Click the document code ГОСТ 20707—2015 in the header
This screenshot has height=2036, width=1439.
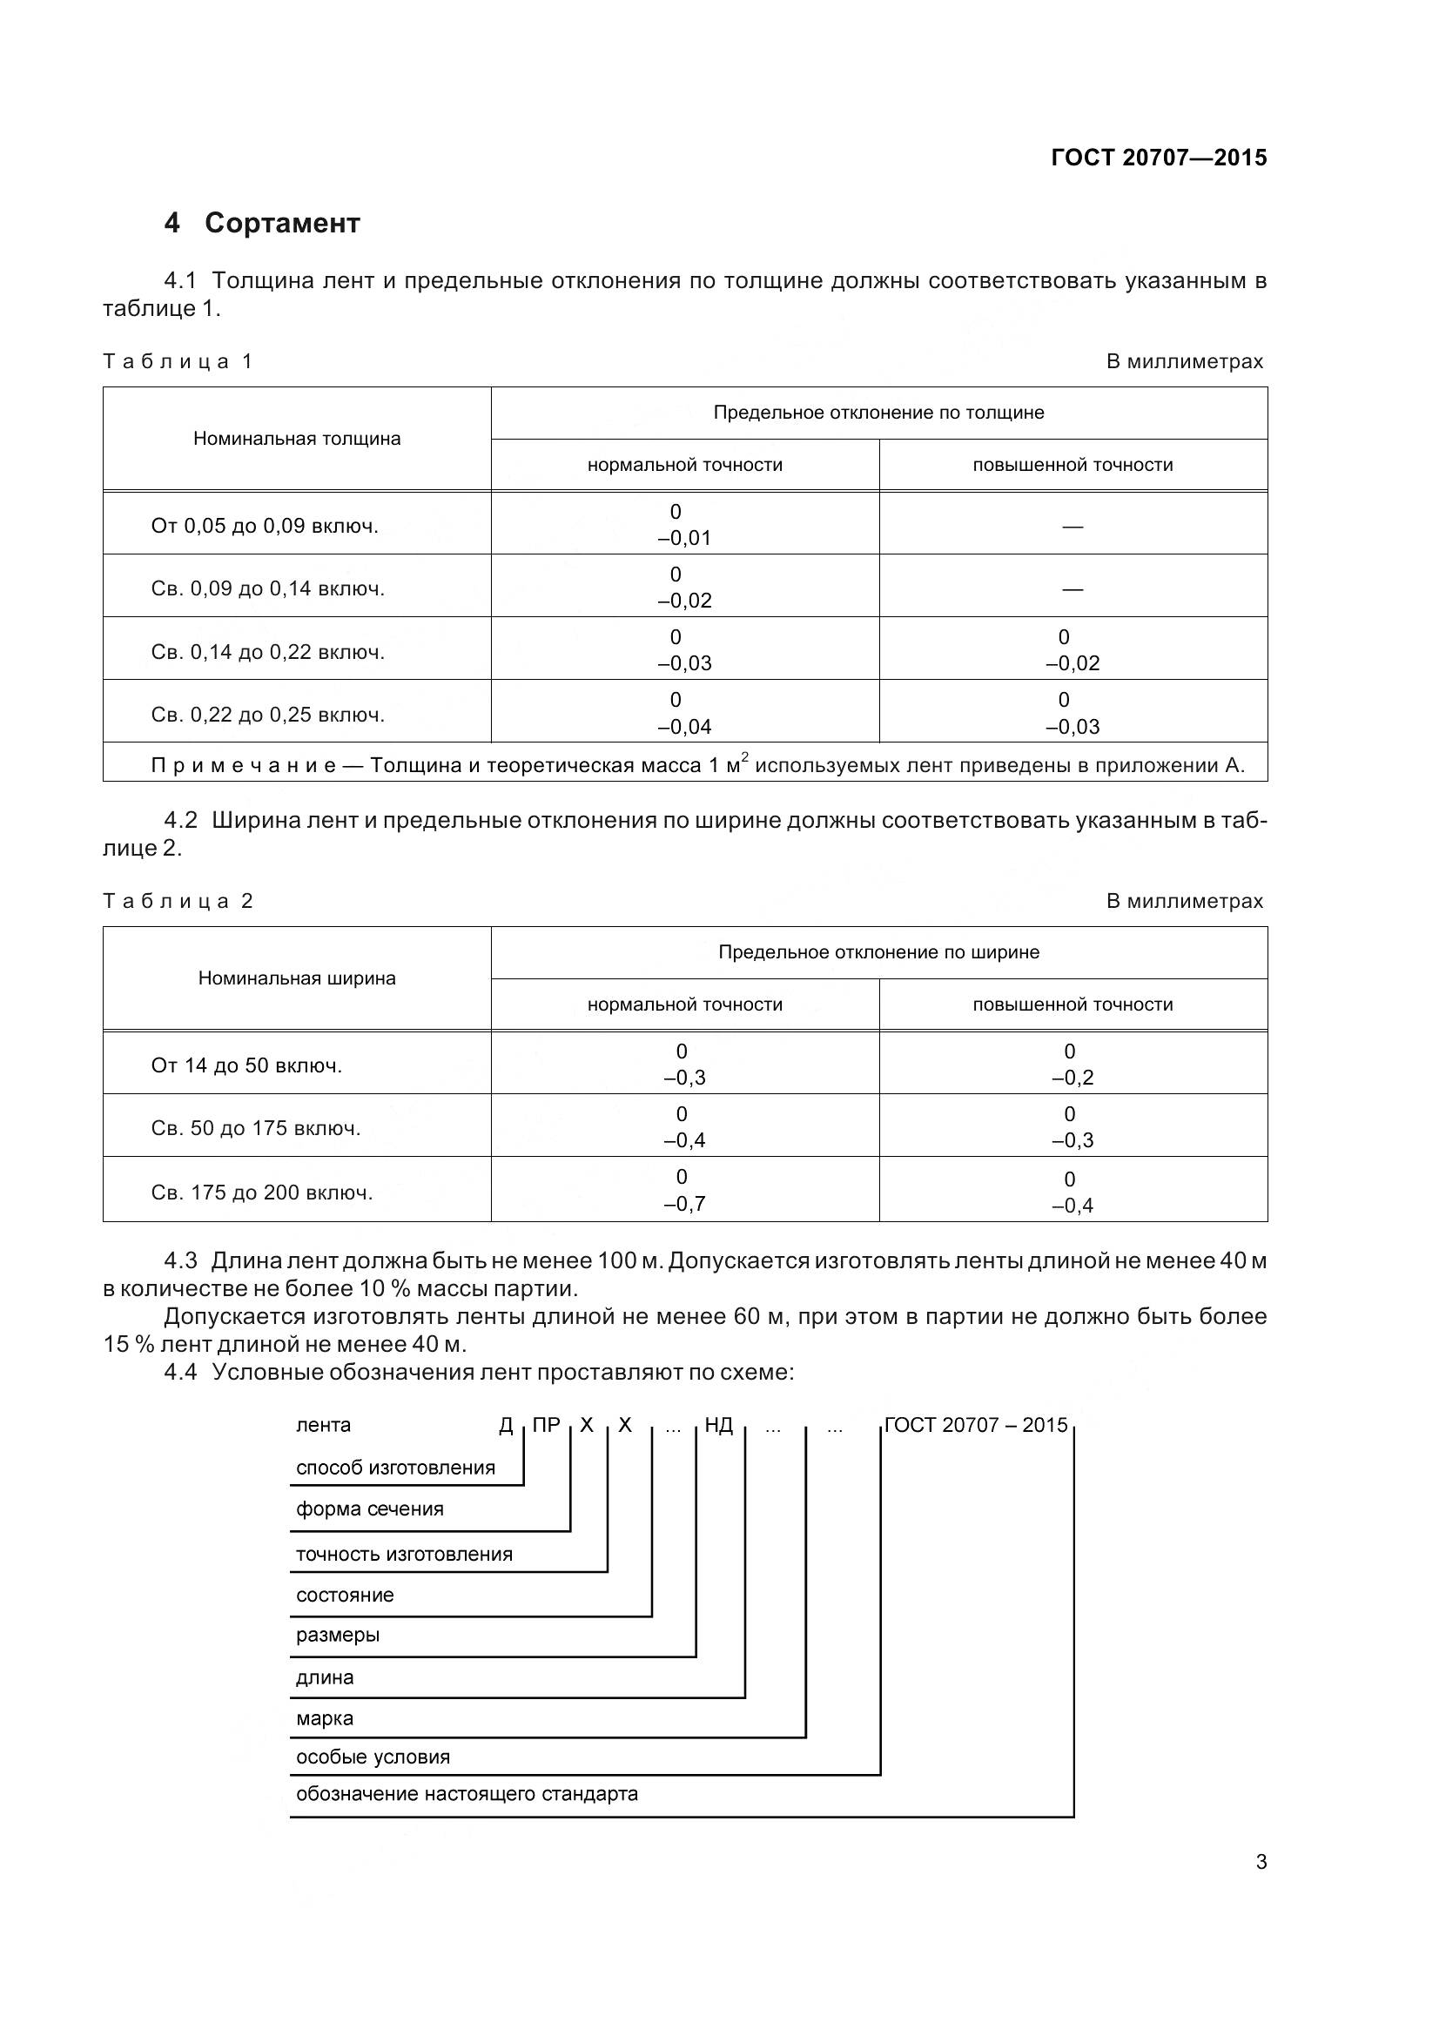[x=1158, y=158]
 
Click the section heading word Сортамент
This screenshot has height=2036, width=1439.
[x=282, y=223]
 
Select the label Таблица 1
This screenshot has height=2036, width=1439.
[x=178, y=361]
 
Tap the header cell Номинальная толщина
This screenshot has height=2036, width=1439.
[x=297, y=438]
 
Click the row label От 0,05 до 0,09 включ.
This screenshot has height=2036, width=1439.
[x=265, y=526]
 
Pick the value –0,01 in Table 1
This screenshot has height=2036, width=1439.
[x=683, y=538]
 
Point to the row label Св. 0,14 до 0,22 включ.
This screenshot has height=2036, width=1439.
[x=268, y=652]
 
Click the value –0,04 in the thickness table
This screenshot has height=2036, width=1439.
[x=683, y=726]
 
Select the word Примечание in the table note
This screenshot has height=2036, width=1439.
[x=243, y=765]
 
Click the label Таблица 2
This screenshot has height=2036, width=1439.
[x=178, y=901]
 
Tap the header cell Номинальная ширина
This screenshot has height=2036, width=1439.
[x=297, y=978]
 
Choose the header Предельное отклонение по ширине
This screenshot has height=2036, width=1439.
[x=878, y=951]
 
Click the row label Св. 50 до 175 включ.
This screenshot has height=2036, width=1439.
[x=255, y=1128]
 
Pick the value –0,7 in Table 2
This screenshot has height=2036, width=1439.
[x=683, y=1203]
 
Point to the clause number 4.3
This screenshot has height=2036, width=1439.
[x=181, y=1261]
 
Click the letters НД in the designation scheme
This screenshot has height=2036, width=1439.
[x=718, y=1425]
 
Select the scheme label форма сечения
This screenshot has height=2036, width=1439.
[x=369, y=1509]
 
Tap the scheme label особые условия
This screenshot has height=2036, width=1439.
[x=373, y=1757]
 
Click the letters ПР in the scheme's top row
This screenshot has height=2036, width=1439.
[x=546, y=1425]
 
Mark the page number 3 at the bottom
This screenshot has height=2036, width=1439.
[x=1261, y=1862]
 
